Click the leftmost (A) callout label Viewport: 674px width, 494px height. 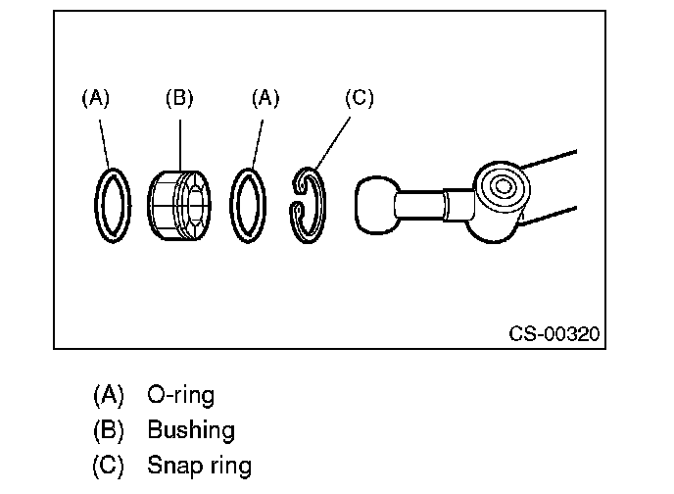coord(96,98)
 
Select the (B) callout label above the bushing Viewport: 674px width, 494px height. coord(179,98)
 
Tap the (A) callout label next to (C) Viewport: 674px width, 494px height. coord(265,98)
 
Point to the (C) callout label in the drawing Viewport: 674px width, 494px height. coord(360,98)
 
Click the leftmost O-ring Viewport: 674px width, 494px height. coord(96,206)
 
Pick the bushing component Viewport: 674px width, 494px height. coord(179,205)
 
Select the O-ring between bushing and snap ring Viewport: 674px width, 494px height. coord(232,206)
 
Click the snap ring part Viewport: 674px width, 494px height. coord(321,206)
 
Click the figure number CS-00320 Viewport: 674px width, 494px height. coord(554,333)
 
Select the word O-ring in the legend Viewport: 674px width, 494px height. coord(180,395)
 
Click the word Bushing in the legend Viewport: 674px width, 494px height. coord(191,430)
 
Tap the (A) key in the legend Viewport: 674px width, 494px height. coord(109,395)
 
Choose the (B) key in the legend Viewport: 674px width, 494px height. coord(109,430)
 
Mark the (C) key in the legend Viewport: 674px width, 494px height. coord(109,466)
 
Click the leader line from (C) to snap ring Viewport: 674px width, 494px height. coord(333,143)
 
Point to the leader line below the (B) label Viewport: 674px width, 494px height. coord(180,145)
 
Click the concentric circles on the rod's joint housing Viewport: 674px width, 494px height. coord(502,187)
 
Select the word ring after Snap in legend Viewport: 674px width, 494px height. coord(231,467)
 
